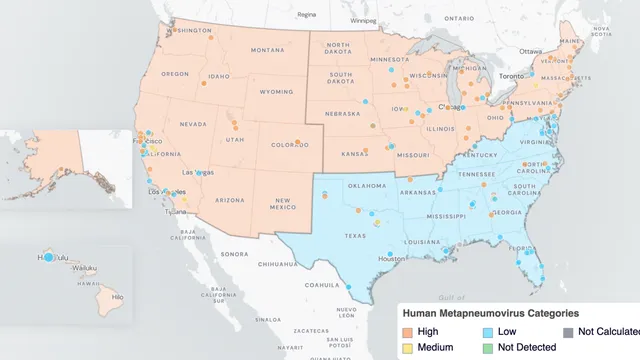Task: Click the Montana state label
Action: pos(267,50)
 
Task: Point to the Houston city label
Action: pos(393,258)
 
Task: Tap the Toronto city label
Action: pos(512,76)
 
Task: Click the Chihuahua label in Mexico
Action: pos(276,266)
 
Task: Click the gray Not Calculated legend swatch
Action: pos(567,330)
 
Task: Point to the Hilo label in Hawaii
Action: pos(116,298)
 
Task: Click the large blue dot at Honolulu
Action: pos(48,258)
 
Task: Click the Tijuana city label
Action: pos(176,211)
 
